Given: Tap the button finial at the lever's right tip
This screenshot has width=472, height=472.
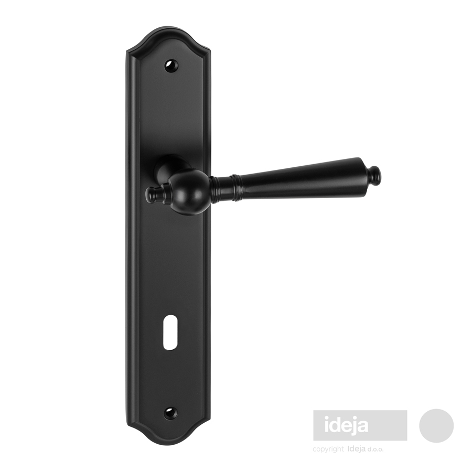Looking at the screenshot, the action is (x=376, y=174).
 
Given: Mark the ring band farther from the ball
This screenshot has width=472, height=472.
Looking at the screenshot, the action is (x=237, y=187).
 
